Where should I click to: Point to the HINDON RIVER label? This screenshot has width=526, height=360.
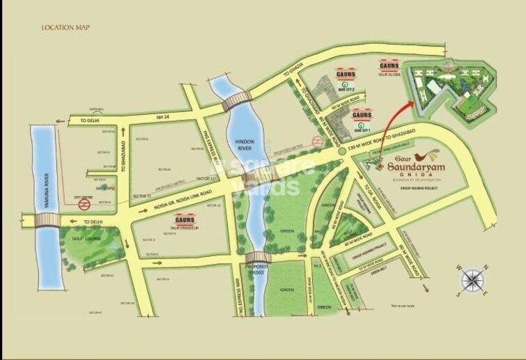click(x=243, y=143)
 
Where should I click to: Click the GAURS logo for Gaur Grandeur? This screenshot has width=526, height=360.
click(x=185, y=218)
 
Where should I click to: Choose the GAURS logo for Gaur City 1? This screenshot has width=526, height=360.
click(x=361, y=114)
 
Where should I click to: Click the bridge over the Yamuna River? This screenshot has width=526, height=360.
click(x=47, y=221)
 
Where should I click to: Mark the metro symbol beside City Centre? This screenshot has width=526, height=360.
click(x=84, y=205)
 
